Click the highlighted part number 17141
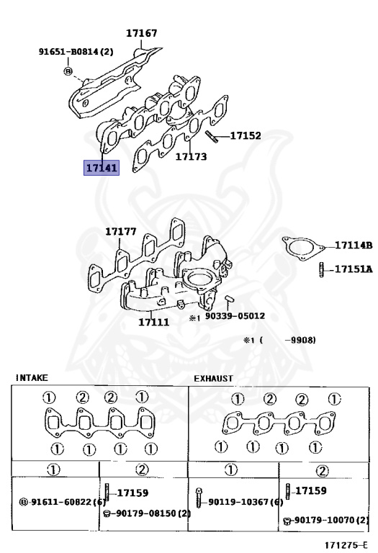[102, 168]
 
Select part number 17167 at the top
[141, 33]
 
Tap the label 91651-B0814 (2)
[76, 52]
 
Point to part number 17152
[246, 136]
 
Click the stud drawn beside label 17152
[212, 137]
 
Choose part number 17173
[191, 156]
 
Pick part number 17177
[120, 231]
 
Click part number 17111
[154, 322]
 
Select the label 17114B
[354, 245]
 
